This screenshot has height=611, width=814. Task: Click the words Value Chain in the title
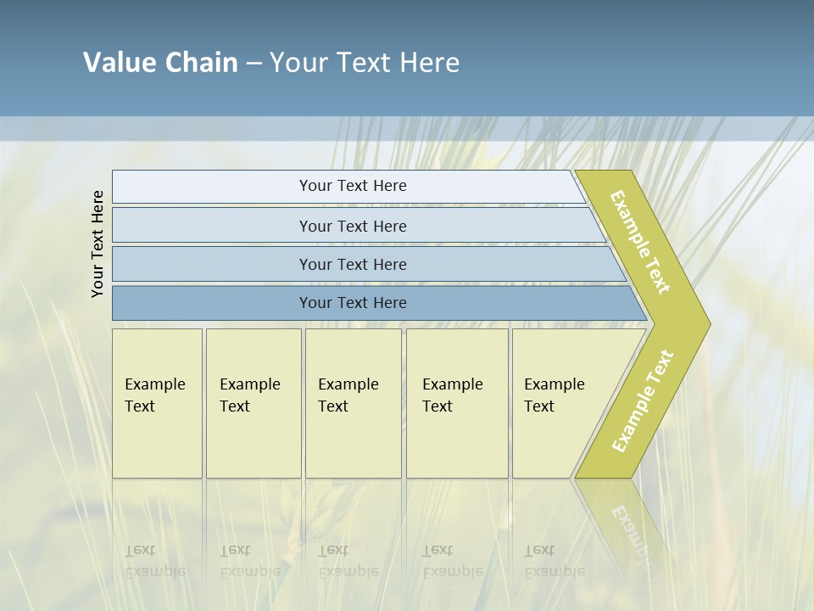(160, 63)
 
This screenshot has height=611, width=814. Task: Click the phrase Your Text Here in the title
(365, 63)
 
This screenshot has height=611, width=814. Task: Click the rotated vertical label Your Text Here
(98, 244)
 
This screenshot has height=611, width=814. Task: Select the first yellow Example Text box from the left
(157, 403)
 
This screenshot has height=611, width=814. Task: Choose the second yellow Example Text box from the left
(253, 403)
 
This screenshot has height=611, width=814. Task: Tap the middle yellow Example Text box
(353, 403)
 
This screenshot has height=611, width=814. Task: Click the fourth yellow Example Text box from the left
(456, 403)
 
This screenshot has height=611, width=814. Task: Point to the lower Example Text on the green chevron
(642, 401)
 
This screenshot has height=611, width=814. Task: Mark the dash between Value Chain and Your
(254, 63)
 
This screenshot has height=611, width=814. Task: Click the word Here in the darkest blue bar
(390, 303)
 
